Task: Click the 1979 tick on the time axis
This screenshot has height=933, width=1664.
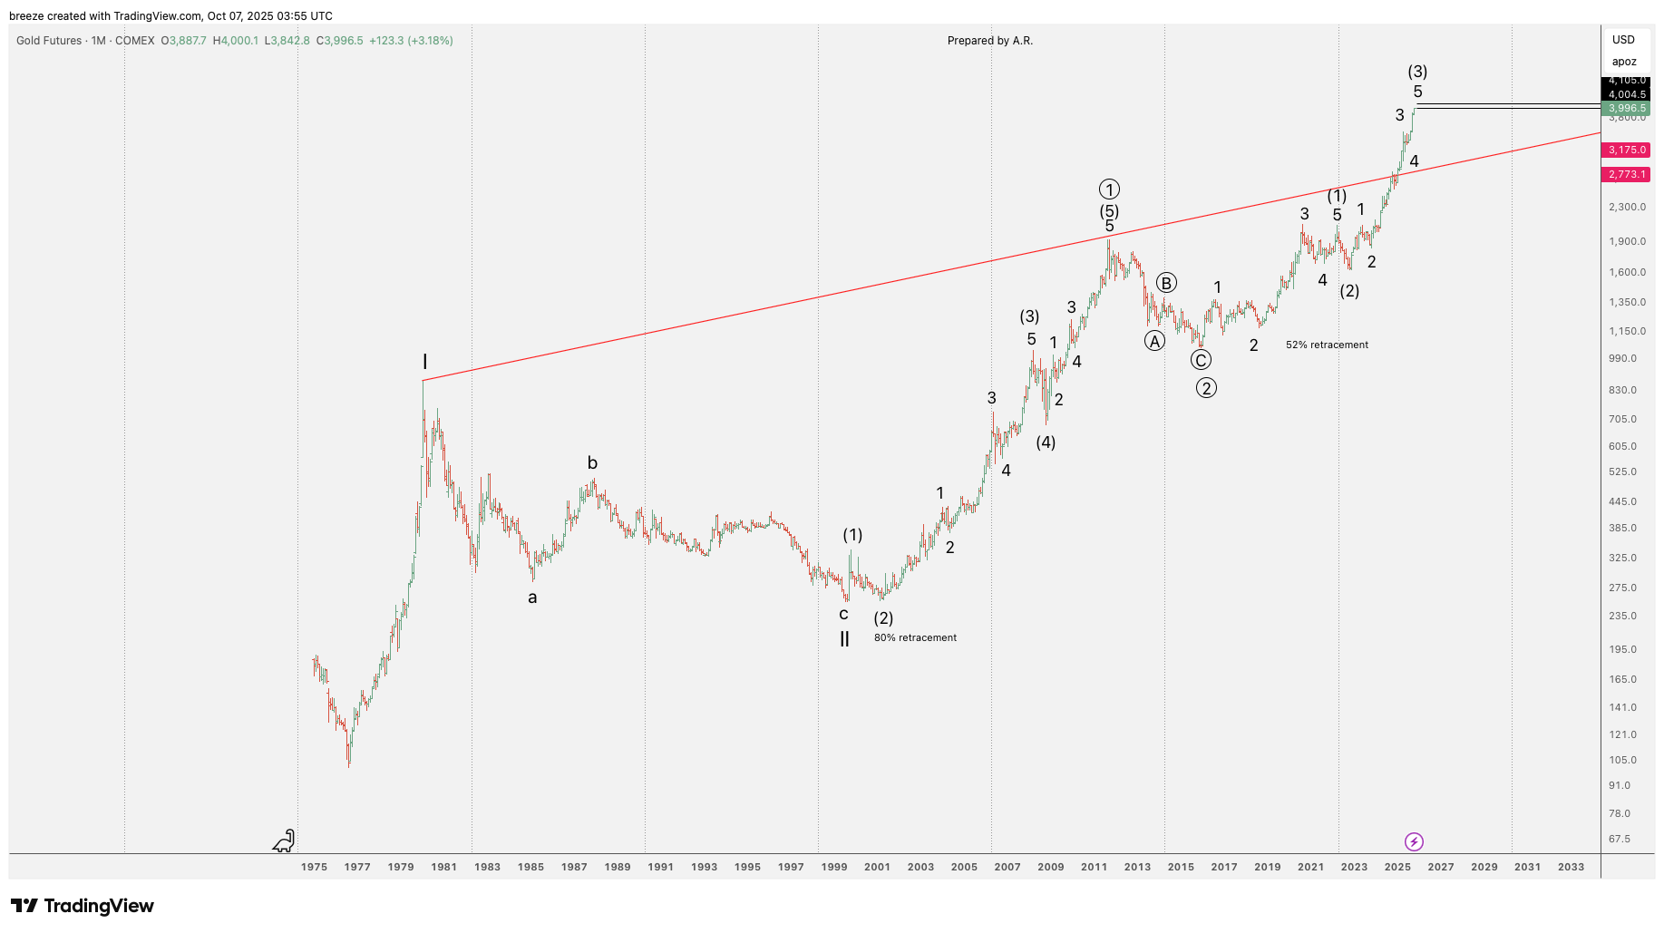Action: coord(401,867)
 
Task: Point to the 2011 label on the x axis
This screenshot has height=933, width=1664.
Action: coord(1094,867)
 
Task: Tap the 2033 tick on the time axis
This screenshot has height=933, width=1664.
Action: coord(1571,867)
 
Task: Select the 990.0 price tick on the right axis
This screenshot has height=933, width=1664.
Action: coord(1622,359)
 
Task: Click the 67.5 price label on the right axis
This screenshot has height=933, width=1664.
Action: coord(1619,840)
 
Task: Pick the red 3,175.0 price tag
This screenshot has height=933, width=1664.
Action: coord(1627,151)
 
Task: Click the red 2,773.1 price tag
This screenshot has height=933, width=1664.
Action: coord(1627,175)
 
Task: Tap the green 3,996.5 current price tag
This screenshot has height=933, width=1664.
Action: coord(1627,109)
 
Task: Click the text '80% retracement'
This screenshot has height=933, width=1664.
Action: coord(915,638)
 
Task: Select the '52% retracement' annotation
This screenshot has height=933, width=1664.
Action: coord(1327,345)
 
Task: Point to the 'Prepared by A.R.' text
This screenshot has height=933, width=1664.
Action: coord(989,41)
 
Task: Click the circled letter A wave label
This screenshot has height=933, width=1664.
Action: coord(1154,341)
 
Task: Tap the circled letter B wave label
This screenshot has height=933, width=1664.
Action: coord(1166,283)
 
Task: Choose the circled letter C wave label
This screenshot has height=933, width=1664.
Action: coord(1201,360)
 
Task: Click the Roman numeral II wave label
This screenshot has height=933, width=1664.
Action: coord(844,639)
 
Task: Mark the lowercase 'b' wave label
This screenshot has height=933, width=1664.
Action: coord(592,463)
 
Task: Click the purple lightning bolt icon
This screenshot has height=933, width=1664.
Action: coord(1414,842)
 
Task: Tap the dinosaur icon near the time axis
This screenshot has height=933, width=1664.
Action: coord(285,841)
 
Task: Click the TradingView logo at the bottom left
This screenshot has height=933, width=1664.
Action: coord(82,906)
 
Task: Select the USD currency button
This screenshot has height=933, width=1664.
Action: coord(1623,40)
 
